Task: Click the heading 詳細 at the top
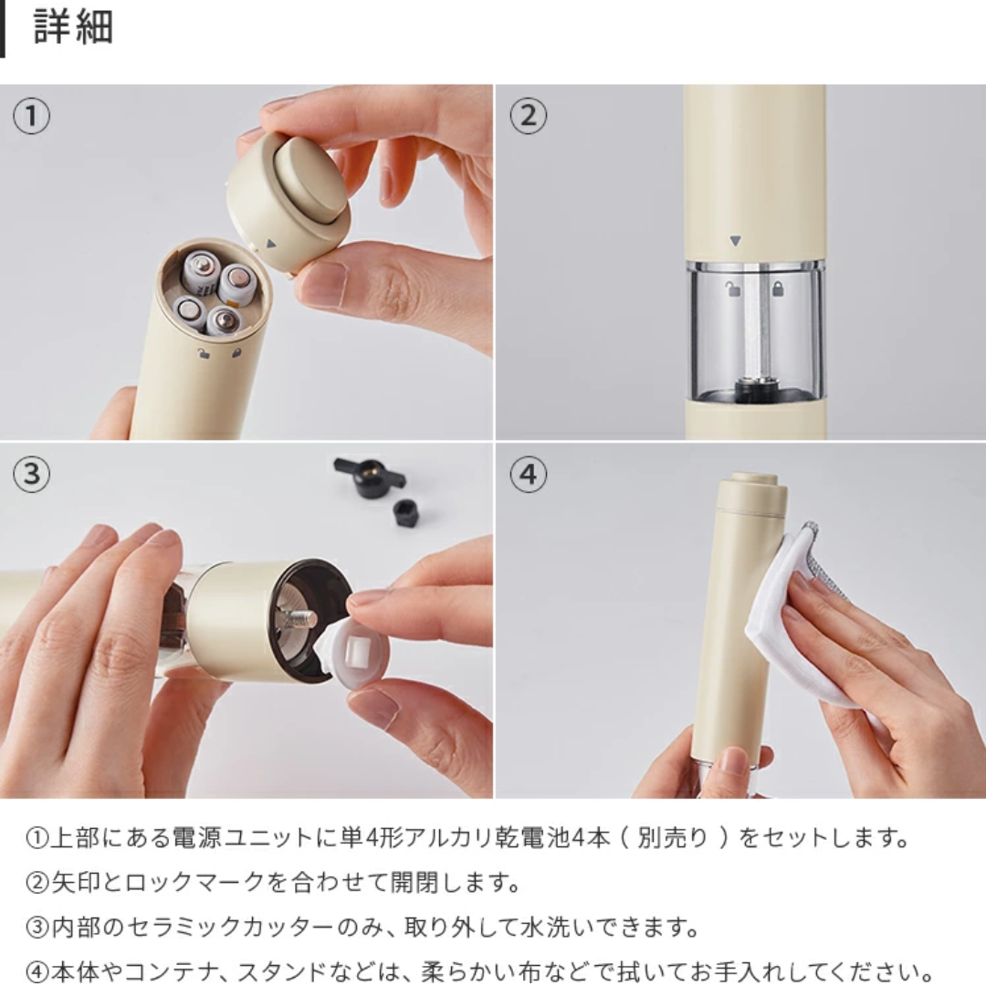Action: [73, 28]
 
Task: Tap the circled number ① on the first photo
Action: [32, 117]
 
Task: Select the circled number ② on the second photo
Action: [528, 117]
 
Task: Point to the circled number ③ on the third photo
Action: [32, 475]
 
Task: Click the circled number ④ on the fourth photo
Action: [528, 475]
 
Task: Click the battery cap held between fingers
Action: [288, 201]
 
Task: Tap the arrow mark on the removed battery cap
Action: [270, 244]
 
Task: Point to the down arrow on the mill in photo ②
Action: [736, 242]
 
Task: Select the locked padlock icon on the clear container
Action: [778, 289]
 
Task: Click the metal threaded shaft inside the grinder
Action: [299, 620]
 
